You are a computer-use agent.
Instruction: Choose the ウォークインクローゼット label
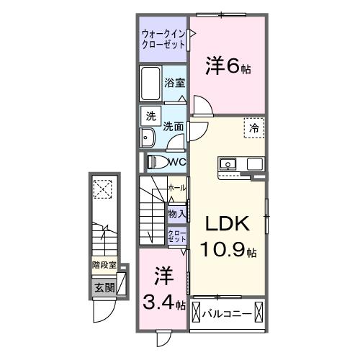coord(163,40)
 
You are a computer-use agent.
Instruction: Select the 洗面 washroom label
coord(173,126)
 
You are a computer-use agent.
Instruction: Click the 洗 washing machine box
coord(150,116)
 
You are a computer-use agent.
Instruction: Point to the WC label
coord(179,162)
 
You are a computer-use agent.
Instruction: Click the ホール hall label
coord(176,188)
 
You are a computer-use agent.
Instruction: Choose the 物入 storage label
coord(176,214)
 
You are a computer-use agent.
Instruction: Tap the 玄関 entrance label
coord(104,287)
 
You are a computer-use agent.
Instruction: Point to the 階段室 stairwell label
coord(104,265)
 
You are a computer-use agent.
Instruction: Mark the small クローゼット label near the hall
coord(177,235)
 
